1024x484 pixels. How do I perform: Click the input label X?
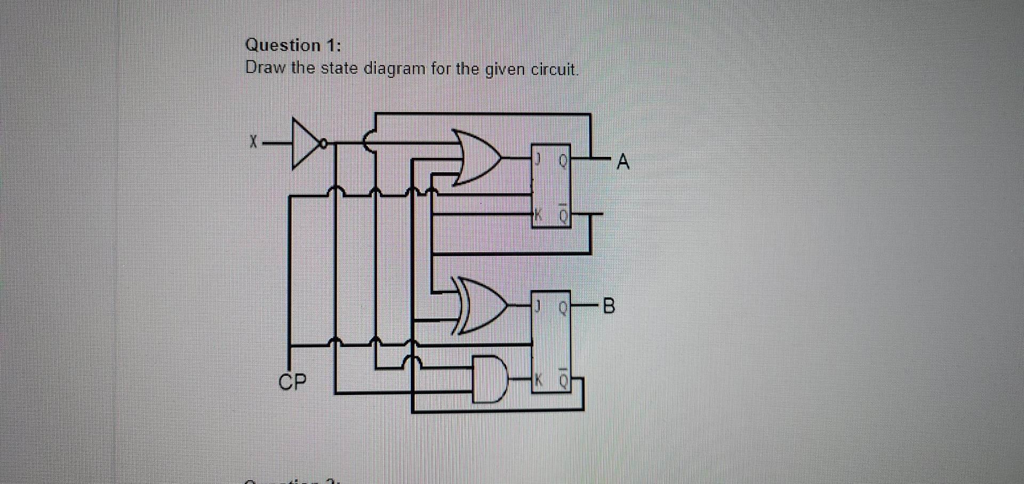click(254, 142)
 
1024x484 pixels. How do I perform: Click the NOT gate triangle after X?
click(305, 143)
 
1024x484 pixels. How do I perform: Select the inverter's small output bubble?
click(323, 143)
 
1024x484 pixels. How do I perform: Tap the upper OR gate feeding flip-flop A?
click(476, 157)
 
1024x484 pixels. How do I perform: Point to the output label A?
click(622, 162)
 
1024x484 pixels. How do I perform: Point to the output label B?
click(609, 306)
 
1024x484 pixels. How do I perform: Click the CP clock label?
click(293, 382)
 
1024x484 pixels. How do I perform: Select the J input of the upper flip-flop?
click(539, 158)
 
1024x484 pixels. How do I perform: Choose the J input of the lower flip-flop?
click(539, 306)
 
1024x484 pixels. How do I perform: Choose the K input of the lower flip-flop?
click(538, 380)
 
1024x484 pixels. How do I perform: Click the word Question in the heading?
click(283, 45)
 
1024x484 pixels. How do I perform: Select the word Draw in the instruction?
click(266, 68)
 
